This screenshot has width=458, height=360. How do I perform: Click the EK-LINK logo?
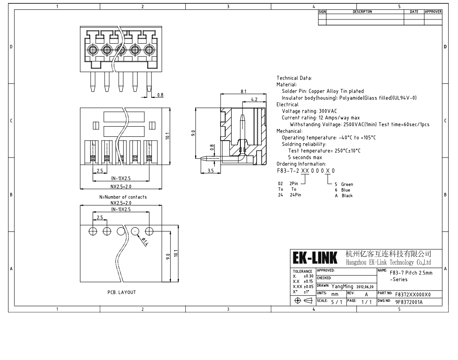[315, 258]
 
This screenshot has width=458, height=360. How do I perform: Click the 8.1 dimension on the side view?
[243, 91]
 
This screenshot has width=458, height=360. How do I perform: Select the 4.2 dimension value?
[254, 100]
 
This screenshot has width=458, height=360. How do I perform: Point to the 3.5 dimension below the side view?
[211, 171]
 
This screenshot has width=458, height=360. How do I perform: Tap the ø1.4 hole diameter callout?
[145, 242]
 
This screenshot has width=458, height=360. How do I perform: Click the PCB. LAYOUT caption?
[121, 292]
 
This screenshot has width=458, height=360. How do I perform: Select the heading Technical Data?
[294, 78]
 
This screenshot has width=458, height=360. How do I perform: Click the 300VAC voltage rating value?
[328, 111]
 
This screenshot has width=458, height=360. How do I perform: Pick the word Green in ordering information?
[347, 184]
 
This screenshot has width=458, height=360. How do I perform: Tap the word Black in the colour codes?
[347, 196]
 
